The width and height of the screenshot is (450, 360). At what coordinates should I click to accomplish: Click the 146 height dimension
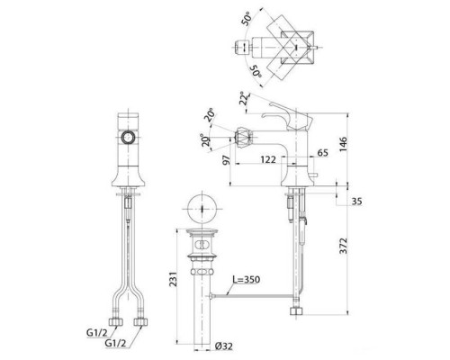coord(343,144)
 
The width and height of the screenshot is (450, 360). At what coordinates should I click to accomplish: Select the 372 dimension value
coord(343,246)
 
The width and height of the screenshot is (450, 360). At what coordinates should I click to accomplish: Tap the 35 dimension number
coord(356,201)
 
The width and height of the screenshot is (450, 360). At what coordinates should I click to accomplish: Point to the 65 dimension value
coord(322,153)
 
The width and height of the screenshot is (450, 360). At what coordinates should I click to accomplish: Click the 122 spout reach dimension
coord(267,159)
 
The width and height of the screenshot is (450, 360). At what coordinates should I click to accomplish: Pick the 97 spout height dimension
coord(227,159)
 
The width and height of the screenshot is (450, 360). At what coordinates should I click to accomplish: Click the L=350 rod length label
coord(247,280)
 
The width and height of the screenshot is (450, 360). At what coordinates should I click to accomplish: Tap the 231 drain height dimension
coord(174,279)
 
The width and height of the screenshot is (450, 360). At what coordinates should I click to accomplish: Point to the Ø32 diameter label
coord(224,346)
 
